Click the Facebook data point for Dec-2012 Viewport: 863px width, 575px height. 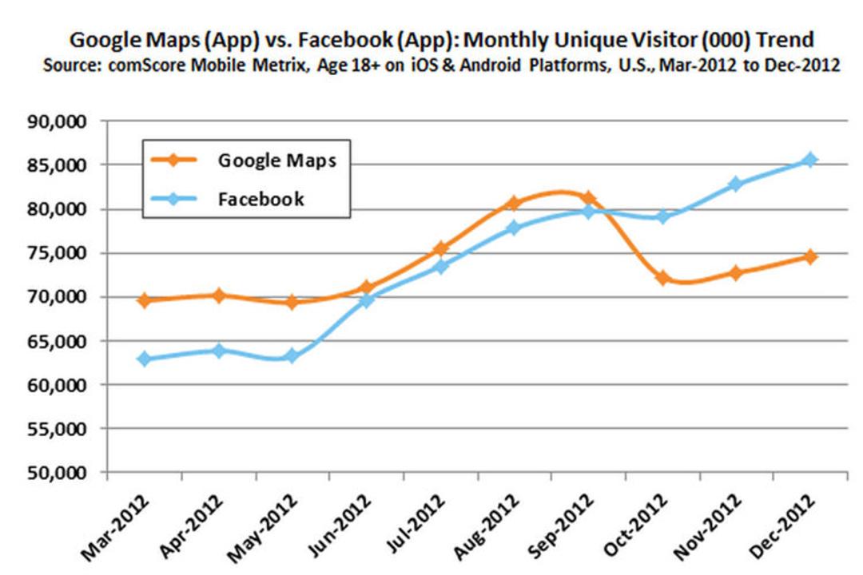(810, 160)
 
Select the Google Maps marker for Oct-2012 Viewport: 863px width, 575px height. (662, 278)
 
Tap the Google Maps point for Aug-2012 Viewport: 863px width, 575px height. (514, 203)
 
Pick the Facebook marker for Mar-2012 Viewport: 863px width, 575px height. (145, 359)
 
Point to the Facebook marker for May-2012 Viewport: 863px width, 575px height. (292, 356)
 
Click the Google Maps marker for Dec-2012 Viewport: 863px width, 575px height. (810, 256)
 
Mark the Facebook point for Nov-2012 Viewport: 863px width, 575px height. (736, 184)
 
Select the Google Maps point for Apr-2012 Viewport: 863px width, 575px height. (218, 295)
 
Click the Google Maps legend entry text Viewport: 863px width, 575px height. (276, 160)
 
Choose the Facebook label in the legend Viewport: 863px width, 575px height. (260, 199)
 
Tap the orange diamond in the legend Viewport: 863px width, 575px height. (173, 160)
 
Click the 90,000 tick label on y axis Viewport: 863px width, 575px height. (58, 121)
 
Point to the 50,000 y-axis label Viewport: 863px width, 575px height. (58, 473)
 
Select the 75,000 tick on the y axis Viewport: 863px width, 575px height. (58, 253)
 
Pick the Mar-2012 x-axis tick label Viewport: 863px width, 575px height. (114, 527)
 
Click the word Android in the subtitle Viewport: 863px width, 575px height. (490, 65)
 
